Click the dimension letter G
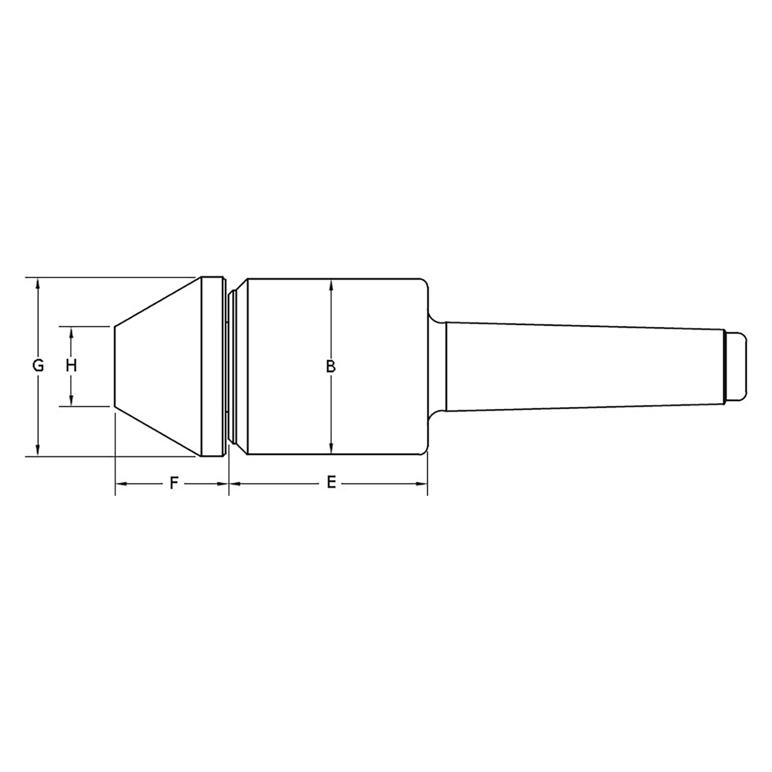pos(38,365)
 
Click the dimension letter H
pos(71,365)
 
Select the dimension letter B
pos(331,366)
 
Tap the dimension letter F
pos(174,483)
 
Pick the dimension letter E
pos(331,483)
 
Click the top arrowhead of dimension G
pos(38,283)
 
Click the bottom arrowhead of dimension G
pos(38,451)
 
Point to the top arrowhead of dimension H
pos(71,332)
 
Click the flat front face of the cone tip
pos(115,366)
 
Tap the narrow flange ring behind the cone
pos(209,366)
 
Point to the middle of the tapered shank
pos(584,366)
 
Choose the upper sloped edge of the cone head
pos(157,302)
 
